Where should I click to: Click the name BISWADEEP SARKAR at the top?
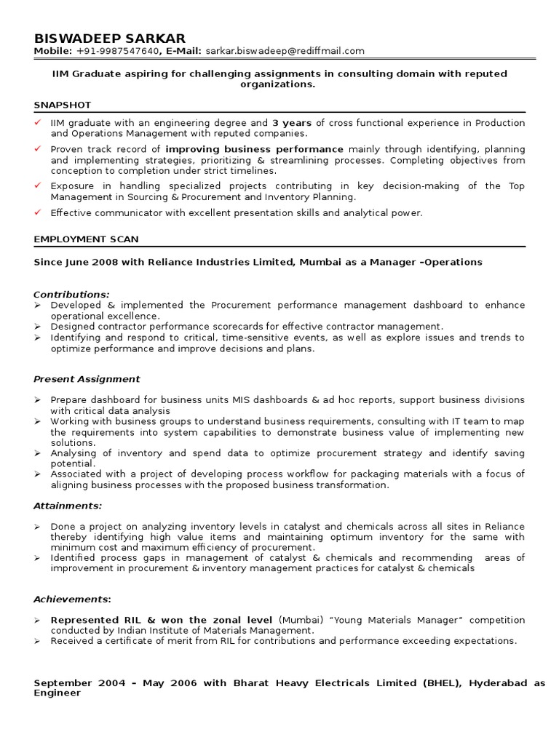(x=109, y=38)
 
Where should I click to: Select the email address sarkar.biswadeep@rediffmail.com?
(x=285, y=51)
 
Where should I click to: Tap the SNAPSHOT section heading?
(x=62, y=105)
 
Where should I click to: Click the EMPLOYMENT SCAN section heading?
(x=86, y=239)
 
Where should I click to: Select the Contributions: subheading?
(x=71, y=294)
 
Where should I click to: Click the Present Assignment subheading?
(x=87, y=379)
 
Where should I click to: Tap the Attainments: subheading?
(x=68, y=505)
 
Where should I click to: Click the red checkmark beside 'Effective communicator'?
(x=38, y=212)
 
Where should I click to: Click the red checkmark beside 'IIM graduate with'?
(x=38, y=123)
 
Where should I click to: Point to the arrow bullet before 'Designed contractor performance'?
(x=38, y=327)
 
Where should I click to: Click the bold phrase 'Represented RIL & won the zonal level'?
(x=162, y=620)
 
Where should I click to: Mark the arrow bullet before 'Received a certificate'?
(x=38, y=641)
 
